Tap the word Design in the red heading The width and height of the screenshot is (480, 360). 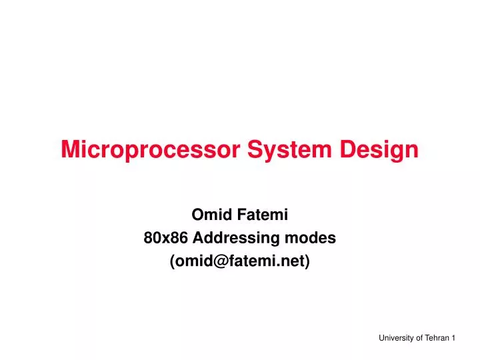[380, 149]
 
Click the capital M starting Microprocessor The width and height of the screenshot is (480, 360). [70, 149]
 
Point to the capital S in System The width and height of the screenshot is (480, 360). [255, 149]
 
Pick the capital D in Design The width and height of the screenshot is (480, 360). [349, 149]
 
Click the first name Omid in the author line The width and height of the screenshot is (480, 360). [207, 215]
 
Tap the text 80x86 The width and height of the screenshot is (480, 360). [162, 238]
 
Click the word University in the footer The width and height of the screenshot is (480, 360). [396, 339]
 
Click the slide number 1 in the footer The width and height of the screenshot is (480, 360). [453, 339]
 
